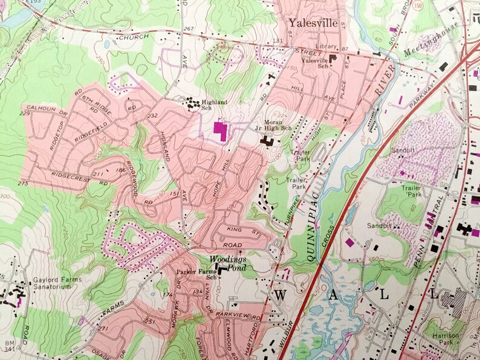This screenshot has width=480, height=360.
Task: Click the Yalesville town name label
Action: tap(313, 24)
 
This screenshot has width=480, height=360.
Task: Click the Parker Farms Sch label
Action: tap(195, 274)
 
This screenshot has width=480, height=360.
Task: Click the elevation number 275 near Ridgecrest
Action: tap(23, 183)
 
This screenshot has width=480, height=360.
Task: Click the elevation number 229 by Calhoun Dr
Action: tap(25, 113)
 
